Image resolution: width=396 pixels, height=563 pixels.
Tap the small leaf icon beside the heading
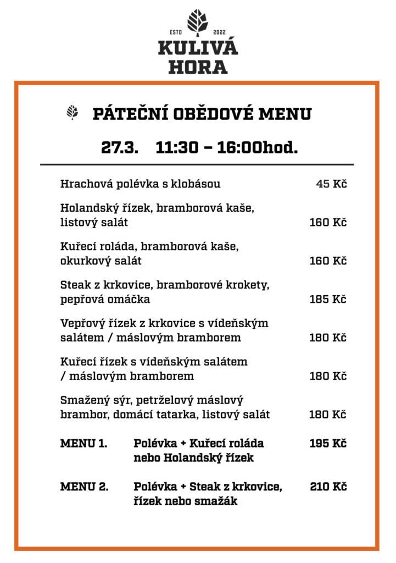click(x=72, y=113)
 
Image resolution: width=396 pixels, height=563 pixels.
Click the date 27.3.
click(x=119, y=147)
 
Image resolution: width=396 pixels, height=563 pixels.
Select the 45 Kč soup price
click(x=331, y=184)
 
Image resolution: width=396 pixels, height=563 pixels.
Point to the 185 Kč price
click(x=328, y=300)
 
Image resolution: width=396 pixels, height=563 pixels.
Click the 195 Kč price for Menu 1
click(x=328, y=444)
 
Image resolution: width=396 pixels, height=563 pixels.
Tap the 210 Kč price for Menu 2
click(x=328, y=487)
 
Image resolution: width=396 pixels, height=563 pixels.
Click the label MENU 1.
click(x=83, y=444)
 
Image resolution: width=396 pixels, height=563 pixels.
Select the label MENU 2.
click(x=84, y=487)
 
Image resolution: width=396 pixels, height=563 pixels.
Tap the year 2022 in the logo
click(x=219, y=32)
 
